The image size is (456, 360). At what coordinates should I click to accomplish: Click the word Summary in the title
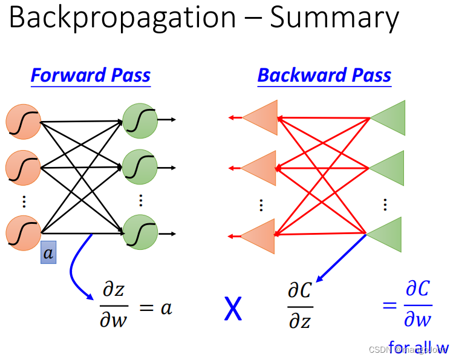(x=334, y=19)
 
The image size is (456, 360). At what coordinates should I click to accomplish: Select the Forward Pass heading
(x=91, y=76)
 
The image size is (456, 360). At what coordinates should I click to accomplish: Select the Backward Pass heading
(x=324, y=76)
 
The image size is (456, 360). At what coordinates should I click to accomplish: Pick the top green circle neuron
(x=140, y=120)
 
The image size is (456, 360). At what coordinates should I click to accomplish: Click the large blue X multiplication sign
(x=233, y=309)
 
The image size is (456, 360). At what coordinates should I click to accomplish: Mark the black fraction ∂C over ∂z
(x=299, y=306)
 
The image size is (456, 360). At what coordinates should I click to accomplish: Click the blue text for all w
(x=419, y=348)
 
